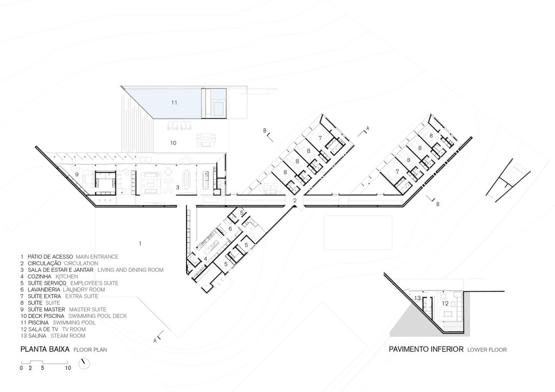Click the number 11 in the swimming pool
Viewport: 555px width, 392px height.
(174, 102)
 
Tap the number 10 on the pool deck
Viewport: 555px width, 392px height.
(173, 143)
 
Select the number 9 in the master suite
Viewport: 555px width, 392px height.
(76, 174)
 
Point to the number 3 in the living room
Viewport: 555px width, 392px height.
(178, 187)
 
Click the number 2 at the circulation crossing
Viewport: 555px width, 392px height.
(295, 201)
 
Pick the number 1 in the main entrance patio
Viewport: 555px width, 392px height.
(140, 243)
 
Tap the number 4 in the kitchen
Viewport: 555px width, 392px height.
(205, 259)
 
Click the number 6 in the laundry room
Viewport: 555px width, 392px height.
(230, 228)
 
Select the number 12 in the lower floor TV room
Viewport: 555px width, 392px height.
(446, 303)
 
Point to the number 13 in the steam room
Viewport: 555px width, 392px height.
(417, 298)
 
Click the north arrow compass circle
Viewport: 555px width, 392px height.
(84, 363)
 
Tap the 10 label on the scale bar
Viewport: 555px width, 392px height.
(68, 368)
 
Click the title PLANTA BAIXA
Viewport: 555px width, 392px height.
(45, 349)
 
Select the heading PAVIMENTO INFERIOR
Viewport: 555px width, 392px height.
(426, 349)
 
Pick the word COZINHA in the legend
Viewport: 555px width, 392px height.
(40, 277)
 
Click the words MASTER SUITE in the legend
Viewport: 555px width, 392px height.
(88, 309)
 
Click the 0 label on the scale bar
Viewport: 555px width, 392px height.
(21, 368)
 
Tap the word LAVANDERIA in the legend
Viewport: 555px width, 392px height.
(42, 290)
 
